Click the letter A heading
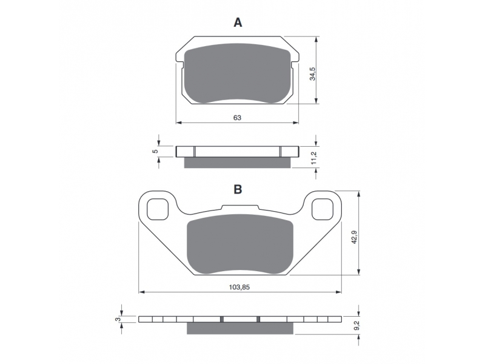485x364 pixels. click(x=238, y=22)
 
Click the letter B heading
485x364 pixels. click(x=238, y=189)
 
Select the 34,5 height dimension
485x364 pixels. click(x=313, y=73)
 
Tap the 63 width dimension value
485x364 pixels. click(x=237, y=118)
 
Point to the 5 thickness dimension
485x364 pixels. click(x=156, y=151)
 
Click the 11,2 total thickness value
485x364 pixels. click(x=314, y=158)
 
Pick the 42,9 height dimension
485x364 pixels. click(x=354, y=237)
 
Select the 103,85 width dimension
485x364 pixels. click(x=239, y=287)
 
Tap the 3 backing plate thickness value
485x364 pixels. click(x=117, y=319)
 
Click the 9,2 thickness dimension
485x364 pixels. click(x=356, y=325)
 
